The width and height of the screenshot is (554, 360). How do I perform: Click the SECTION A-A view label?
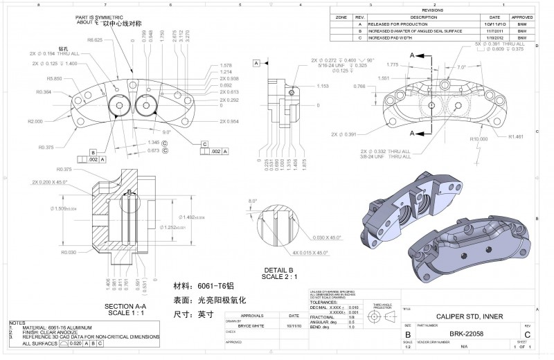point(125,305)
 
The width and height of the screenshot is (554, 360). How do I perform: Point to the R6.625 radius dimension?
point(95,40)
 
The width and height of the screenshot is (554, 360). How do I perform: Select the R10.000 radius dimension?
point(479,139)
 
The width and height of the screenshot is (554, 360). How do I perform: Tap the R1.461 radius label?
point(515,137)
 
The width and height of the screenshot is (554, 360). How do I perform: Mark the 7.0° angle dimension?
point(462,67)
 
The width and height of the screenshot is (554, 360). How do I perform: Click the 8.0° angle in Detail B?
point(253,201)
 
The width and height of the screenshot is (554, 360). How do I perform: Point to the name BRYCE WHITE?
point(251,325)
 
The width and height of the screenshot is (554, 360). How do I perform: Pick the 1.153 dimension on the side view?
point(322,86)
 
